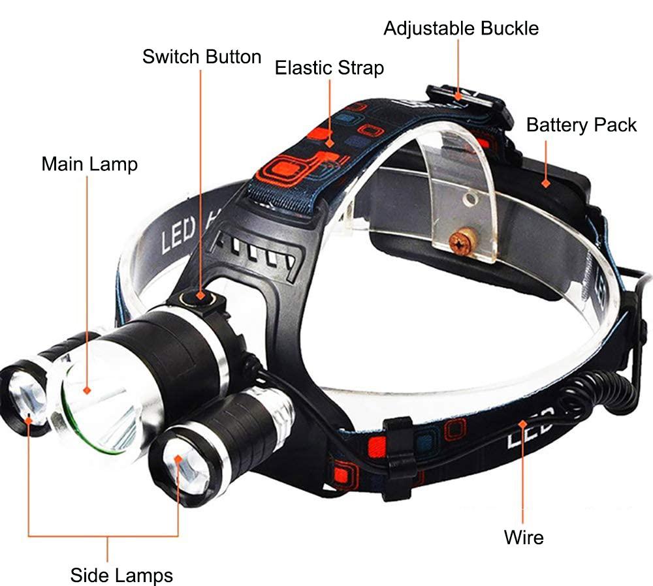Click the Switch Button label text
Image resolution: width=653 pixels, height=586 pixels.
coord(202,57)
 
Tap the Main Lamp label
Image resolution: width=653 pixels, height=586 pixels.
coord(89,163)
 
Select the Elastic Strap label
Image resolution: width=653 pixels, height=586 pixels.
coord(329,68)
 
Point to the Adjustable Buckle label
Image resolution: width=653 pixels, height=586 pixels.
coord(461,29)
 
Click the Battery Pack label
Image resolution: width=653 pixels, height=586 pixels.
coord(581,125)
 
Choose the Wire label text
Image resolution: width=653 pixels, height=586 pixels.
coord(524,538)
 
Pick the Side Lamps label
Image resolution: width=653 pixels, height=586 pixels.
coord(121,575)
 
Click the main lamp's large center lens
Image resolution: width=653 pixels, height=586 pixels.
coord(98,398)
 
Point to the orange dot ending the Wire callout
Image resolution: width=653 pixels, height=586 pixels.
coord(522,424)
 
